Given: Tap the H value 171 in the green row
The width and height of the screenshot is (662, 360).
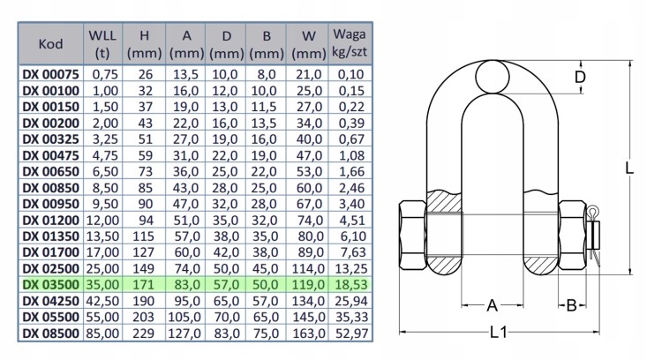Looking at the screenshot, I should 143,284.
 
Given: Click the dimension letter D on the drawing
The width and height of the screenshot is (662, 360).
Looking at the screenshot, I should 579,78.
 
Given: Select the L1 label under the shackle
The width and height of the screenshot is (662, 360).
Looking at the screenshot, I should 498,332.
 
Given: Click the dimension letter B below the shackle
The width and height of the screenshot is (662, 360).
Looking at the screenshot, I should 572,306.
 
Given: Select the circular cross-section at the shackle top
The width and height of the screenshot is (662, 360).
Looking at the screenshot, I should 491,78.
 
